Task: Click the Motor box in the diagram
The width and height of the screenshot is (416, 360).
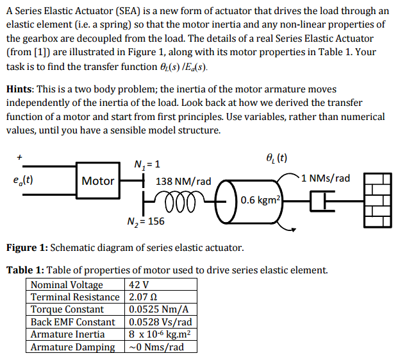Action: click(x=98, y=181)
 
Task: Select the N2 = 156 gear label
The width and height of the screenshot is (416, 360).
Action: click(x=146, y=221)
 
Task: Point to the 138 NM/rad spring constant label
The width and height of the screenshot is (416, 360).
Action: click(x=183, y=182)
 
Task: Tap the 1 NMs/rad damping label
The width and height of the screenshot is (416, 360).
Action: click(x=324, y=178)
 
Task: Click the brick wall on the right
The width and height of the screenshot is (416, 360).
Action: click(x=377, y=199)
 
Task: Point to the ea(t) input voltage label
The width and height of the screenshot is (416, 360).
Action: click(x=23, y=180)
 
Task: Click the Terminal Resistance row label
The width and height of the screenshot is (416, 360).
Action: click(x=75, y=297)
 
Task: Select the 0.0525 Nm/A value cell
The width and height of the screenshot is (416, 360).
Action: click(x=155, y=309)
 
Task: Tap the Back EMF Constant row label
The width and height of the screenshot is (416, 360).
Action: click(x=73, y=322)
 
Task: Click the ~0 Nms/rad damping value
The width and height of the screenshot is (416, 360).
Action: click(x=156, y=347)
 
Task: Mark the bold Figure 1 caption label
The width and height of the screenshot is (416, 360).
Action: click(x=26, y=248)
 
